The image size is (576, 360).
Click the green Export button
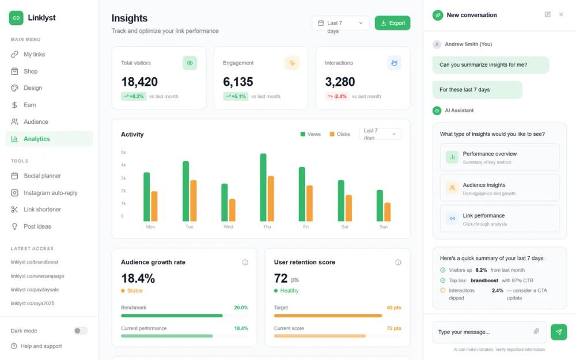pyautogui.click(x=392, y=23)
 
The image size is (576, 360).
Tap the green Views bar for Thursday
pyautogui.click(x=263, y=187)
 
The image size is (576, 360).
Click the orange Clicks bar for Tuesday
pyautogui.click(x=194, y=200)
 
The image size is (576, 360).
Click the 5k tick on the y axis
pyautogui.click(x=123, y=152)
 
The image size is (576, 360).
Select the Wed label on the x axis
pyautogui.click(x=228, y=227)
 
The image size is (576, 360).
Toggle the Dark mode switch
pyautogui.click(x=81, y=331)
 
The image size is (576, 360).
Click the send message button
pyautogui.click(x=558, y=332)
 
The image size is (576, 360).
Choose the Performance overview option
pyautogui.click(x=499, y=157)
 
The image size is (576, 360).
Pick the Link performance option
pyautogui.click(x=499, y=219)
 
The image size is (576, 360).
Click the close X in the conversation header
pyautogui.click(x=561, y=14)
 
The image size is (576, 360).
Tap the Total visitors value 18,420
pyautogui.click(x=139, y=82)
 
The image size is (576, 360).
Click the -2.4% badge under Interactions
pyautogui.click(x=337, y=96)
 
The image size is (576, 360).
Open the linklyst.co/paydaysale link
pyautogui.click(x=34, y=290)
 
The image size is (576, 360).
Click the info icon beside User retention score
pyautogui.click(x=398, y=262)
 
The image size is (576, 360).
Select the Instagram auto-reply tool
pyautogui.click(x=50, y=193)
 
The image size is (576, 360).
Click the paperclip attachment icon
pyautogui.click(x=536, y=332)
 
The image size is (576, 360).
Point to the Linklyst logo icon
pyautogui.click(x=16, y=18)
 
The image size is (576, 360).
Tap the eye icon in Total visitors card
pyautogui.click(x=190, y=63)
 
